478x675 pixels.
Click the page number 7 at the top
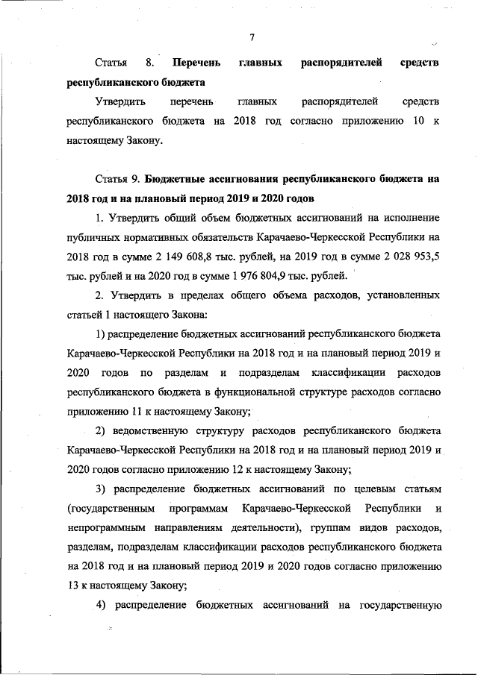pyautogui.click(x=252, y=37)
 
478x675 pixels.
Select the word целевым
pyautogui.click(x=370, y=489)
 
